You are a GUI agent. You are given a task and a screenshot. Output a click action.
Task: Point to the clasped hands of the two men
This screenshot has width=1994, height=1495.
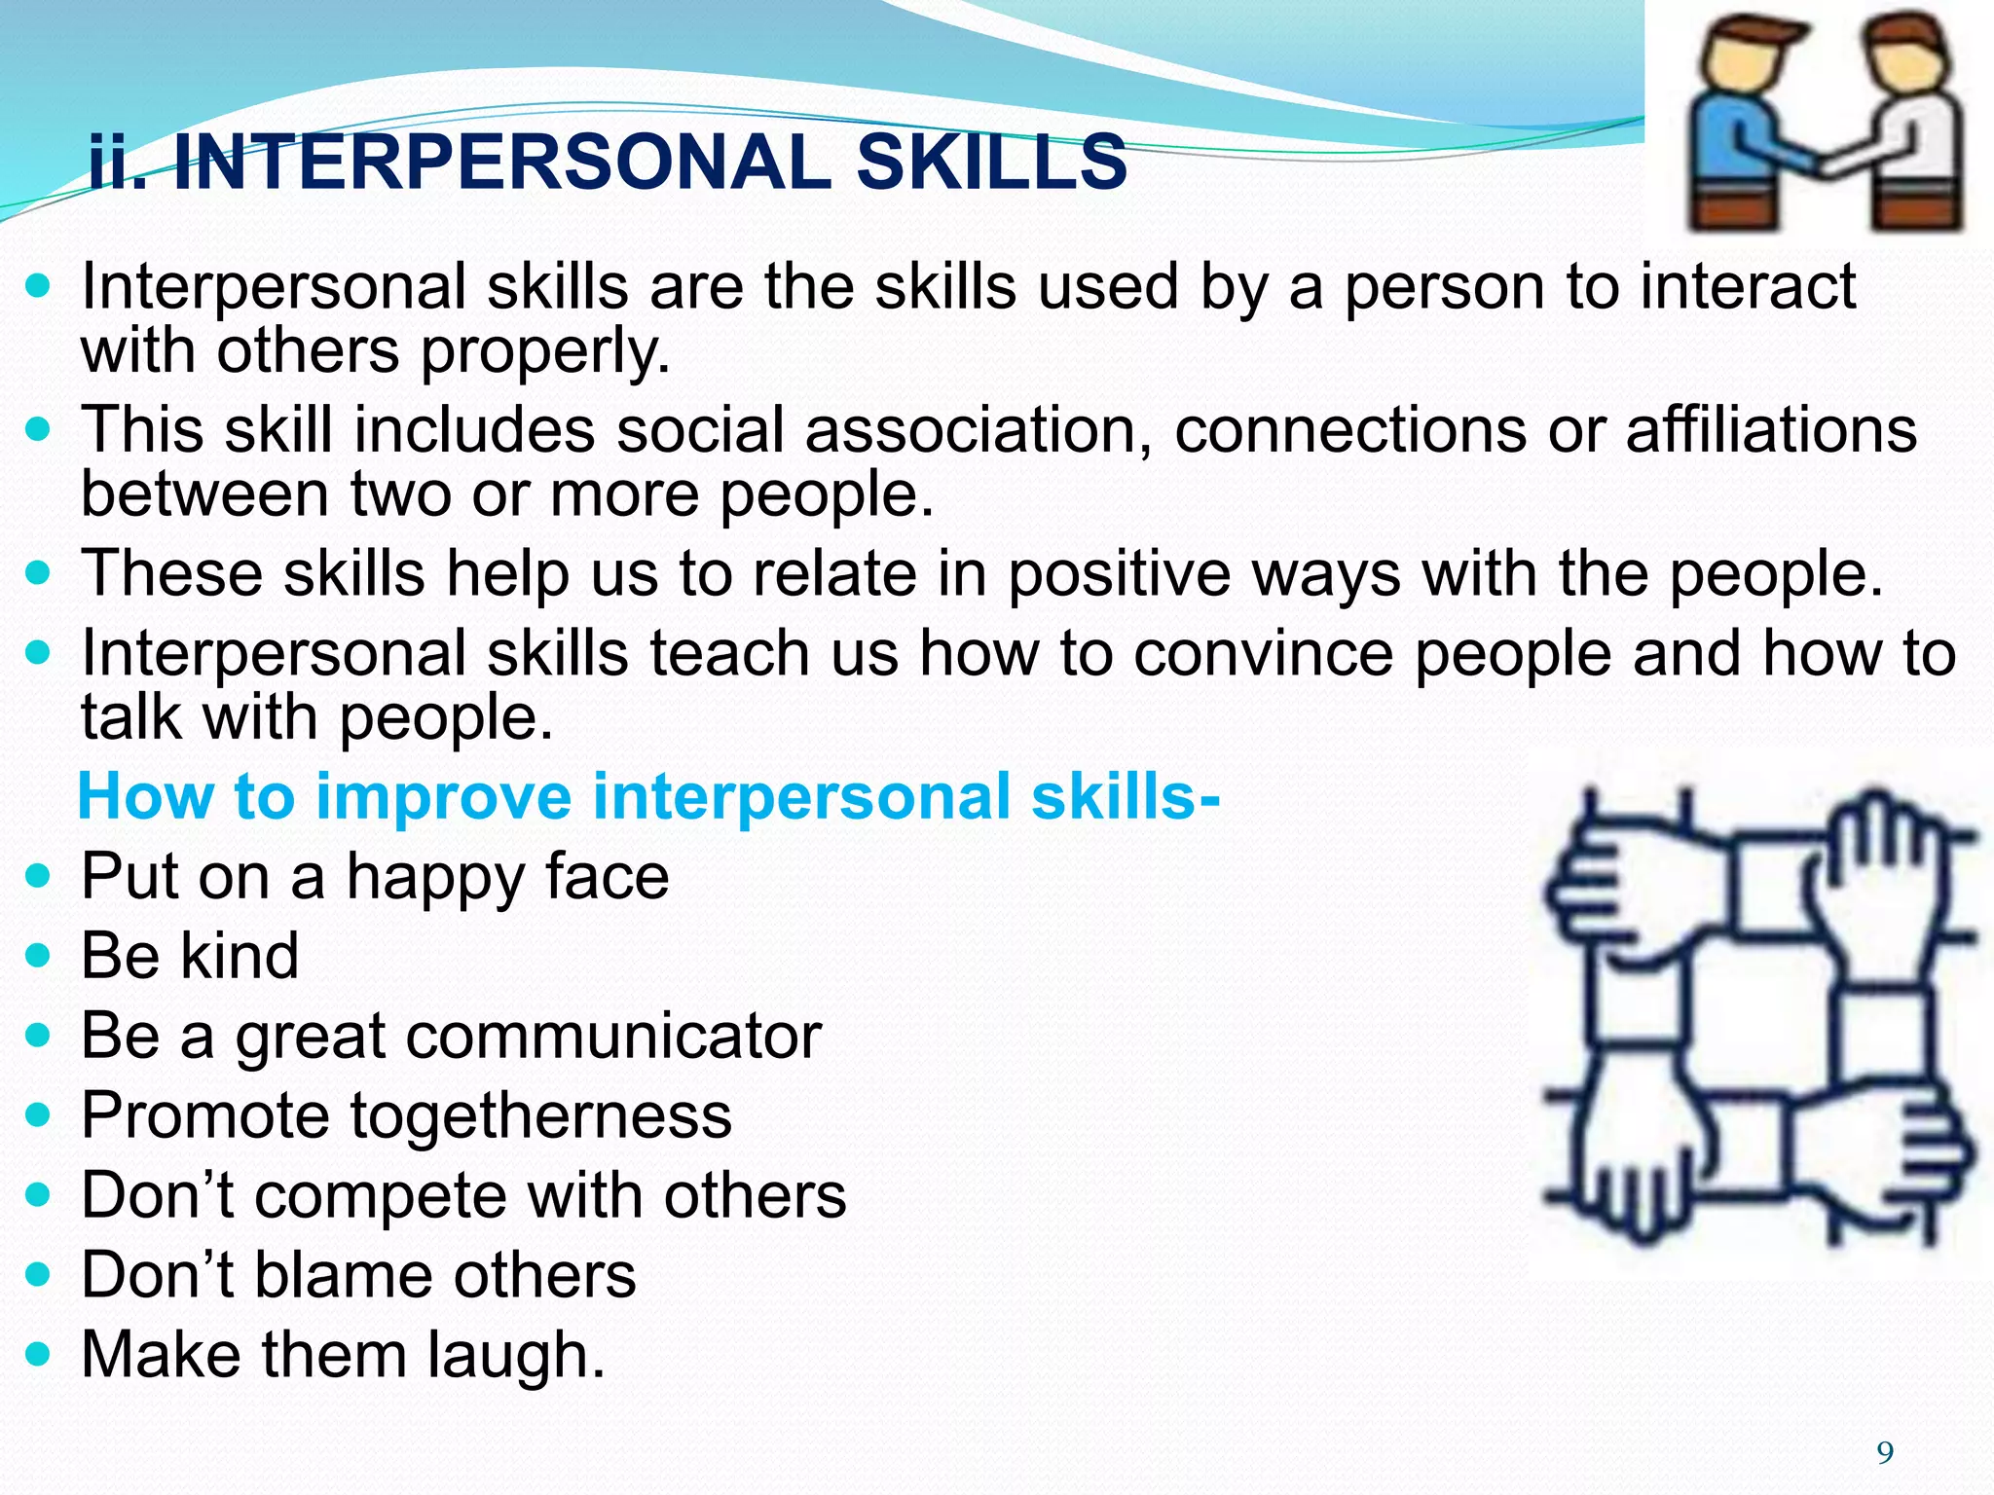point(1830,161)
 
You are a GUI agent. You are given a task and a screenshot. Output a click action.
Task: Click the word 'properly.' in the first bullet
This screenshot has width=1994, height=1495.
point(545,351)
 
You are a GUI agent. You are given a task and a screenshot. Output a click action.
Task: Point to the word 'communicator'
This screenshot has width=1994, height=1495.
point(613,1036)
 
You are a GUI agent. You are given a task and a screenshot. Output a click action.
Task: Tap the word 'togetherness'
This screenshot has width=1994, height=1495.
point(540,1115)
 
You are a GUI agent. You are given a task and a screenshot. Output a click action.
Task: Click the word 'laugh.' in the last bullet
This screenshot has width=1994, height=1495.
point(516,1355)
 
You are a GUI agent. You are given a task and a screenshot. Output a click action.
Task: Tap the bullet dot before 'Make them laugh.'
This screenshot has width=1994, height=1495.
point(38,1354)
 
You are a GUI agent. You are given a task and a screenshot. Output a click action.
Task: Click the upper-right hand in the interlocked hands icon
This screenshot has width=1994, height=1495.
point(1879,866)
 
